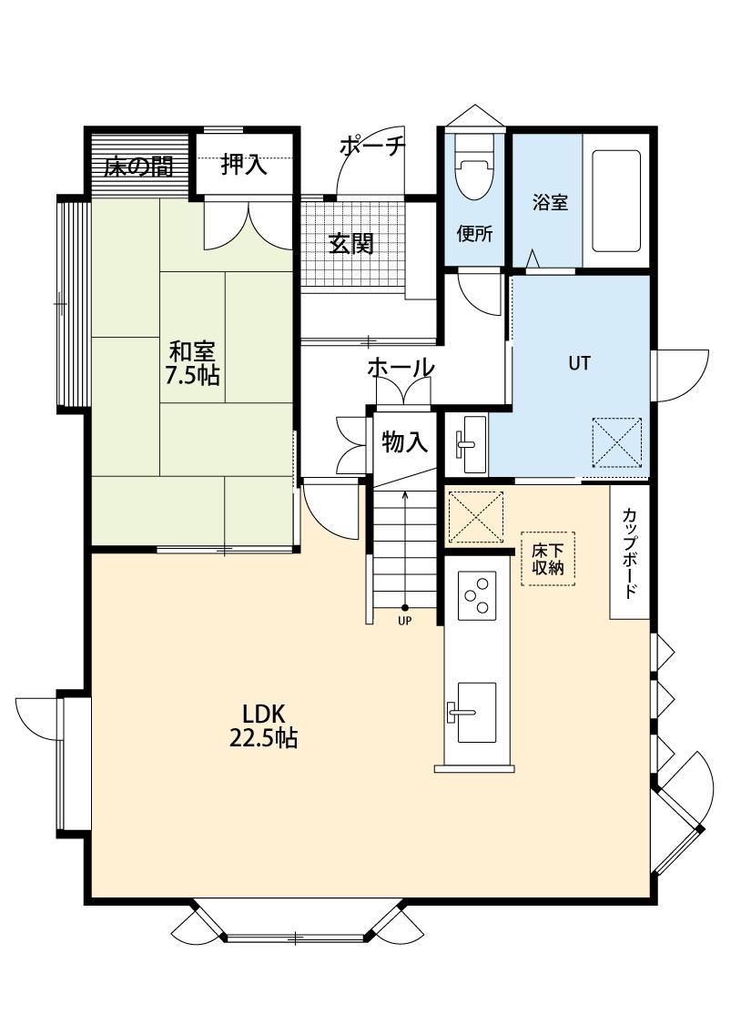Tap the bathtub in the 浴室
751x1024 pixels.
click(615, 200)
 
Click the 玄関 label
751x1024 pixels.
click(350, 244)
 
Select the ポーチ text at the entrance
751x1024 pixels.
click(372, 145)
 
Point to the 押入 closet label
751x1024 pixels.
click(244, 164)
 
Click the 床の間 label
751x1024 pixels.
click(138, 167)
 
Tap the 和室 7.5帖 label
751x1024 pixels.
click(192, 363)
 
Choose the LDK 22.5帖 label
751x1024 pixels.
click(263, 725)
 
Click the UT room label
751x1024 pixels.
click(579, 363)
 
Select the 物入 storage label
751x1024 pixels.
click(405, 442)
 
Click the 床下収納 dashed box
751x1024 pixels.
click(548, 558)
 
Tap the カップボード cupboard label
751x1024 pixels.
click(630, 553)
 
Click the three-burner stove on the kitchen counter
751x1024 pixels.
click(477, 595)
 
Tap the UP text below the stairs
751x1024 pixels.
click(405, 621)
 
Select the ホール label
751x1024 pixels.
click(401, 368)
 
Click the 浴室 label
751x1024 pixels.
click(550, 202)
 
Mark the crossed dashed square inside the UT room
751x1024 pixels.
click(617, 442)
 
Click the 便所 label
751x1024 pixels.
click(475, 233)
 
